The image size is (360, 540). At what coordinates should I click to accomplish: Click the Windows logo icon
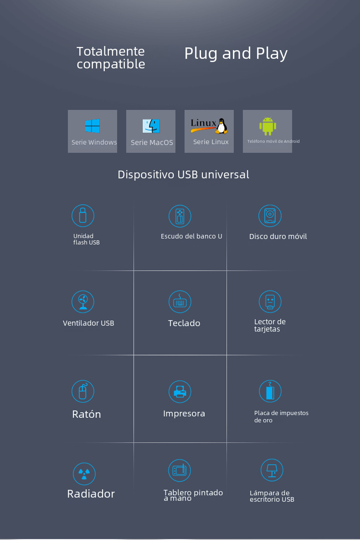(x=93, y=126)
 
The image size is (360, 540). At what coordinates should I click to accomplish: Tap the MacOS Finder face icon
(x=151, y=126)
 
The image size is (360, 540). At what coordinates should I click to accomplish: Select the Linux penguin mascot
(x=222, y=126)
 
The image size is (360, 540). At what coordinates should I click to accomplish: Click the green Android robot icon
(x=267, y=126)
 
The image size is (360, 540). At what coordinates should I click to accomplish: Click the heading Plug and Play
(x=236, y=53)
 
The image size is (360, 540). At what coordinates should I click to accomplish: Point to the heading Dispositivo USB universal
(x=183, y=174)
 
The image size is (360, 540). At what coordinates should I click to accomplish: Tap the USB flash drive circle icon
(x=83, y=216)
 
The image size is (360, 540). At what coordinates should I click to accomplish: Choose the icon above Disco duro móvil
(x=270, y=216)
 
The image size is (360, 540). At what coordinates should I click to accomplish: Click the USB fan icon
(x=83, y=301)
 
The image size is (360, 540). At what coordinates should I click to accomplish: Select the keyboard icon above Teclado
(x=180, y=302)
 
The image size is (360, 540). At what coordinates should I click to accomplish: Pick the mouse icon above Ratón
(x=83, y=391)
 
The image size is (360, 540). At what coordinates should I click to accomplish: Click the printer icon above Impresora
(x=180, y=391)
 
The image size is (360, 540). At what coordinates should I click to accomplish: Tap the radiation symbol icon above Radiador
(x=84, y=474)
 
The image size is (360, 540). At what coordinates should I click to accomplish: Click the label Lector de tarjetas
(x=270, y=326)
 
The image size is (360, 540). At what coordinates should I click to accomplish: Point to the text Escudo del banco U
(x=191, y=236)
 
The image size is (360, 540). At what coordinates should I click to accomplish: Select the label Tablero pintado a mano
(x=193, y=495)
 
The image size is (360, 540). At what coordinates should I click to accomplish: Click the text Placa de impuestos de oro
(x=281, y=416)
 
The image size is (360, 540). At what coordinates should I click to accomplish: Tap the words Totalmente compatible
(x=111, y=57)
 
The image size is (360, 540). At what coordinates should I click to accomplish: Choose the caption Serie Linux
(x=211, y=142)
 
